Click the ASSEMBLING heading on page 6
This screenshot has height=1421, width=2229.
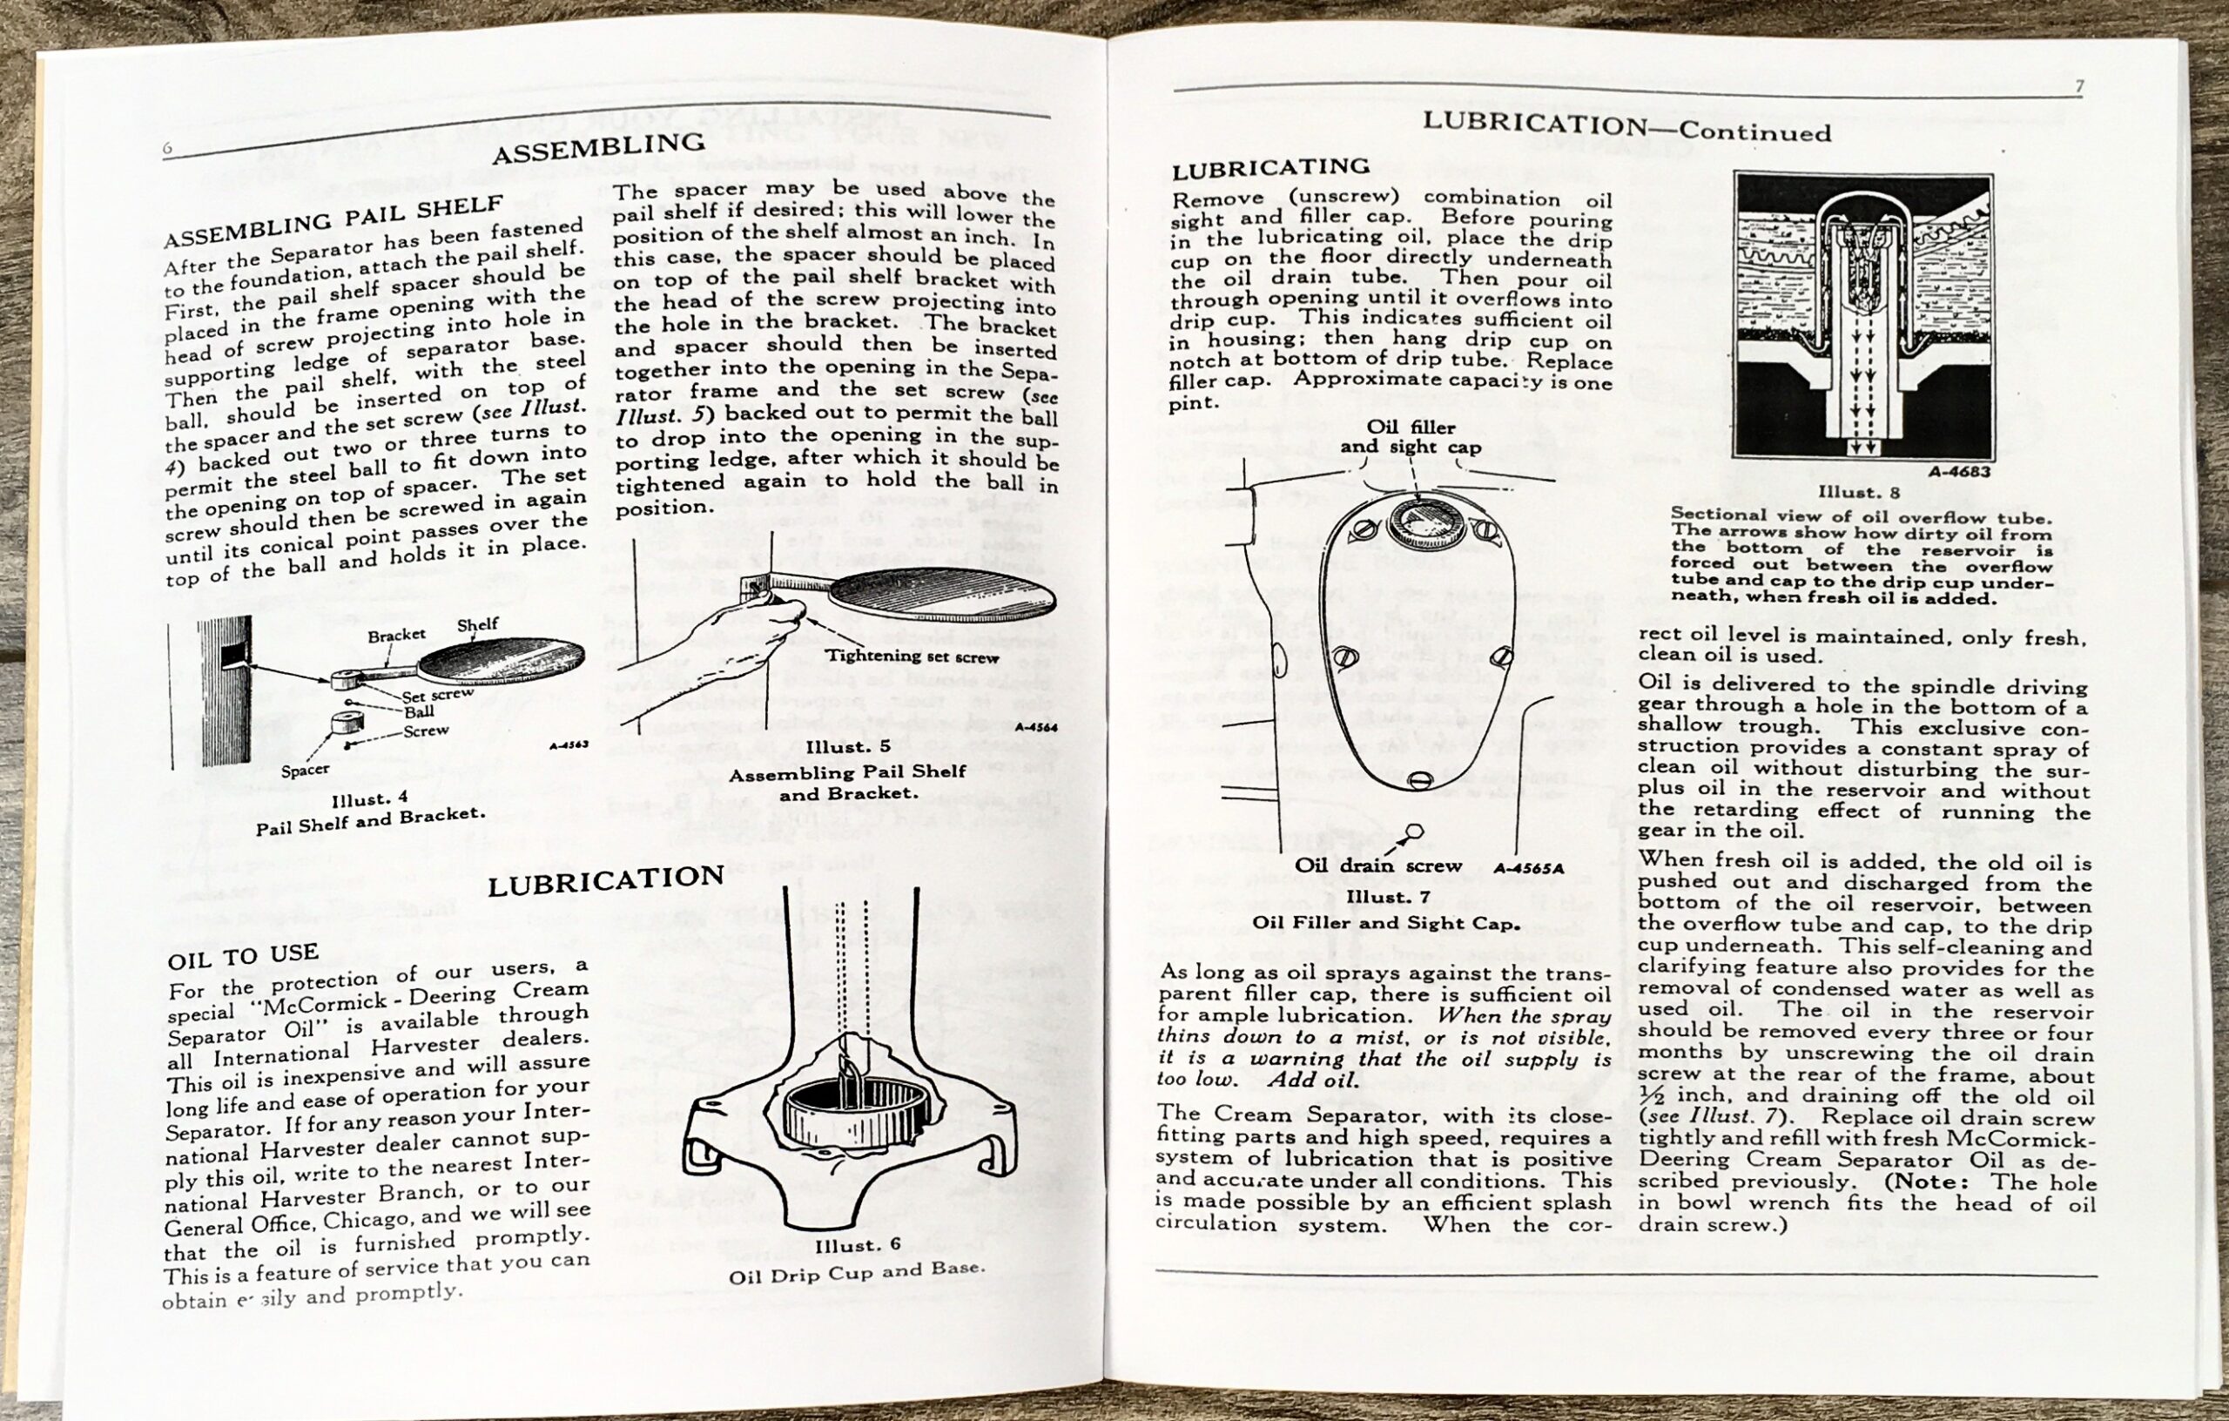coord(598,147)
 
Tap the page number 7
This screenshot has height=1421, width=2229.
coord(2079,87)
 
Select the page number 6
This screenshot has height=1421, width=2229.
coord(167,149)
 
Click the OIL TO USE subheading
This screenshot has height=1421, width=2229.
coord(244,956)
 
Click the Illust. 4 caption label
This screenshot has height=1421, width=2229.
coord(370,798)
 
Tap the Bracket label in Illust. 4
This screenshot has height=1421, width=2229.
coord(396,635)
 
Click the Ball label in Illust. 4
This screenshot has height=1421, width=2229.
coord(419,712)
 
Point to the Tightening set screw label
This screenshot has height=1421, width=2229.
coord(911,657)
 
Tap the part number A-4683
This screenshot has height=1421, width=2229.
coord(1959,471)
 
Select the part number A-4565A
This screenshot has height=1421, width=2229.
coord(1528,868)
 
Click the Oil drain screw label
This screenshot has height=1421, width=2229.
coord(1391,865)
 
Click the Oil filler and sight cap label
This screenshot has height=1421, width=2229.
coord(1411,437)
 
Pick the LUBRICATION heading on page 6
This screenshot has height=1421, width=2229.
coord(605,879)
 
